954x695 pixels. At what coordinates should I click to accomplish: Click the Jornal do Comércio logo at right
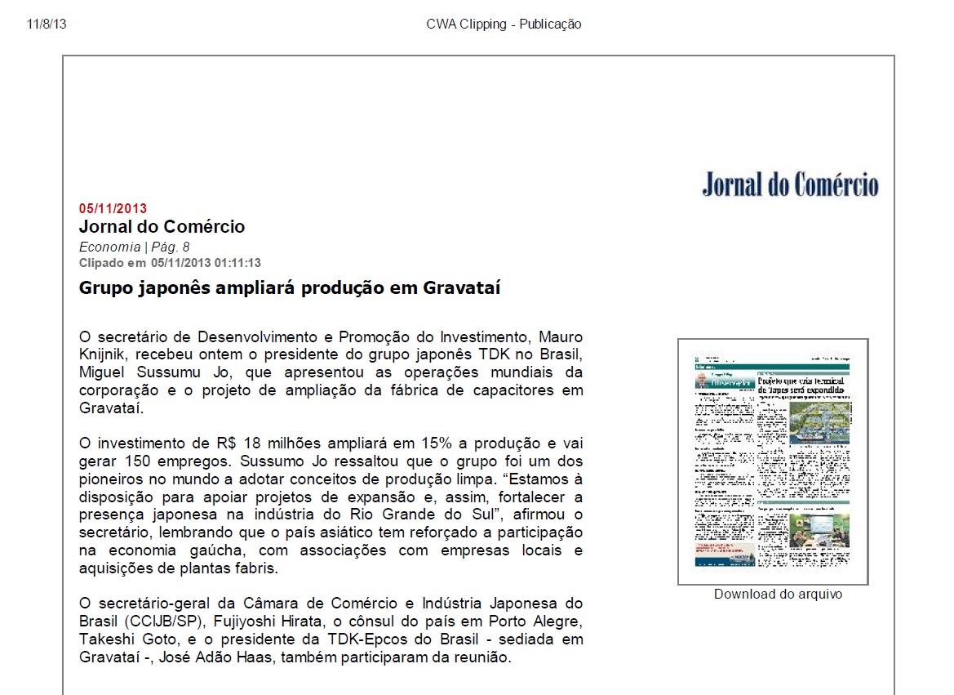pyautogui.click(x=790, y=185)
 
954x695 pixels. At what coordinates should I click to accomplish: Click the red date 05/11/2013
pyautogui.click(x=113, y=208)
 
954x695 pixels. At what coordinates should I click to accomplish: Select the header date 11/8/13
pyautogui.click(x=47, y=24)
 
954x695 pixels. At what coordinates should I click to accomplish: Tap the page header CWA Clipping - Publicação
pyautogui.click(x=504, y=24)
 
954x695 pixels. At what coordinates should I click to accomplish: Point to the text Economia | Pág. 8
pyautogui.click(x=134, y=247)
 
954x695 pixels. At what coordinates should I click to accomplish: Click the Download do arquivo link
pyautogui.click(x=777, y=594)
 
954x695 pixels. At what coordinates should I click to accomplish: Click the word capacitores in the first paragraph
pyautogui.click(x=504, y=390)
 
